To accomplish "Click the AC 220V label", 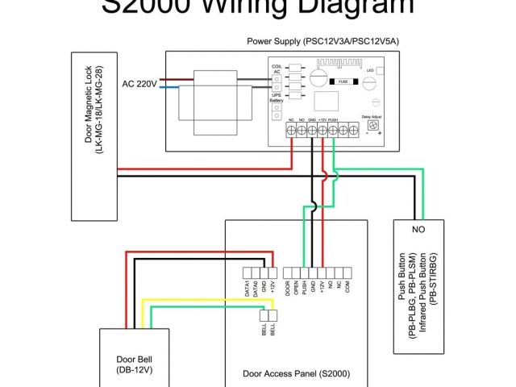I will pos(139,83).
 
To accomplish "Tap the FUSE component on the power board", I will pos(343,81).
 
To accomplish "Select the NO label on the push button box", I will pos(418,230).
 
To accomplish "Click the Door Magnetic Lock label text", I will pos(94,137).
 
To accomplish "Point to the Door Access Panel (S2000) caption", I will pos(295,373).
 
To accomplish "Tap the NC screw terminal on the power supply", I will pos(291,132).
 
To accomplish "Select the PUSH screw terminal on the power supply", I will pos(333,132).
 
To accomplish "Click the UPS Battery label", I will pos(276,96).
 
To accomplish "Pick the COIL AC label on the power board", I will pos(276,70).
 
